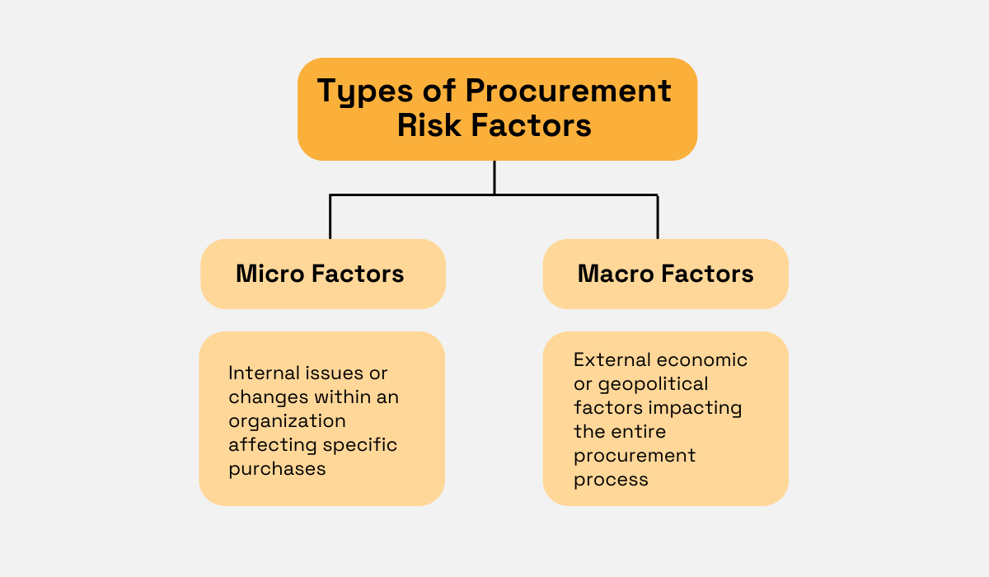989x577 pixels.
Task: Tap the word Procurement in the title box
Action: point(569,91)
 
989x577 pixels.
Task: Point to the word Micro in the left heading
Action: point(270,274)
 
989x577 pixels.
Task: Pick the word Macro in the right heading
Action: point(616,274)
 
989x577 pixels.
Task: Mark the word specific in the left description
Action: point(359,445)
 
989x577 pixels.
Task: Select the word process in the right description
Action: point(611,480)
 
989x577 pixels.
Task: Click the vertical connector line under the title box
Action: point(494,177)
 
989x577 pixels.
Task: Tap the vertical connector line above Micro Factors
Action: point(330,217)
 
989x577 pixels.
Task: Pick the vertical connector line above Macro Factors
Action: point(658,217)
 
